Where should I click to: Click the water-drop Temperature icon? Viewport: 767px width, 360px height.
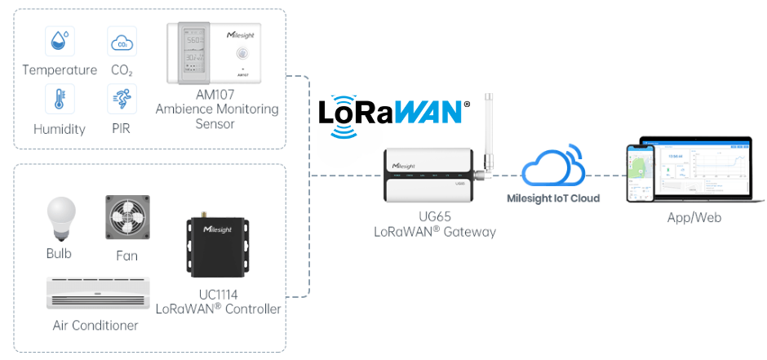[x=60, y=41]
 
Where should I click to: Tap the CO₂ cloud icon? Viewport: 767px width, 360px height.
[x=122, y=41]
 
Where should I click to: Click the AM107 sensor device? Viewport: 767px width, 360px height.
[x=215, y=53]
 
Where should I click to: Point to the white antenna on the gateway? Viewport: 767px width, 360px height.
[x=491, y=127]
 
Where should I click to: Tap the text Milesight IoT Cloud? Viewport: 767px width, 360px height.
[x=553, y=198]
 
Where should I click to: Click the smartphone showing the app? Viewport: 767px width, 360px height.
[x=642, y=174]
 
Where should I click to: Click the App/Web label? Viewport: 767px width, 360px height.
[x=694, y=218]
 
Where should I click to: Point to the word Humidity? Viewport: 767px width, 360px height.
[x=60, y=129]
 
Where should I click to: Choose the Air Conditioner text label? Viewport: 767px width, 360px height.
[x=95, y=326]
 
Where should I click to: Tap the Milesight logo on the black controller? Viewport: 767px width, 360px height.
[x=218, y=229]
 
